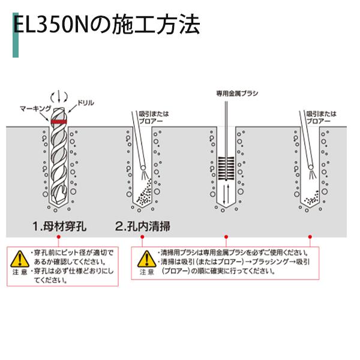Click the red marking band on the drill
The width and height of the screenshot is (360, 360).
[58, 122]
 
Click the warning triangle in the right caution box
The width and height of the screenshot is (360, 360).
[146, 259]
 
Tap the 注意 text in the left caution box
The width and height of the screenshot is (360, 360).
[19, 274]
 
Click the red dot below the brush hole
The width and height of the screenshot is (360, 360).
[226, 238]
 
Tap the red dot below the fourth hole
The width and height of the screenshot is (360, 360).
[308, 238]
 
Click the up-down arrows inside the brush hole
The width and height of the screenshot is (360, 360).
[226, 193]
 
